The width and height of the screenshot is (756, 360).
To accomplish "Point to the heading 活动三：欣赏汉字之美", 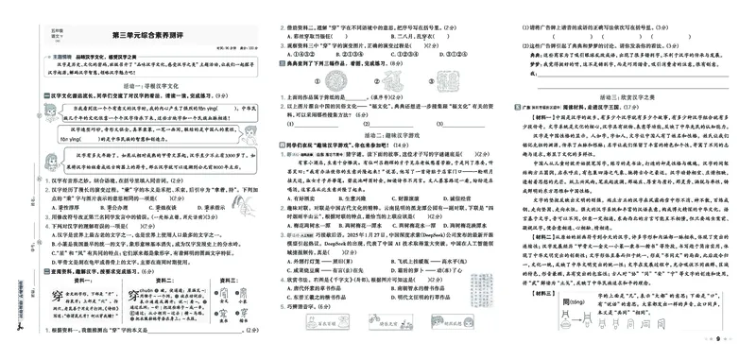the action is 627,95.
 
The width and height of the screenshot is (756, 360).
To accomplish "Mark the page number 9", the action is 718,348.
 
